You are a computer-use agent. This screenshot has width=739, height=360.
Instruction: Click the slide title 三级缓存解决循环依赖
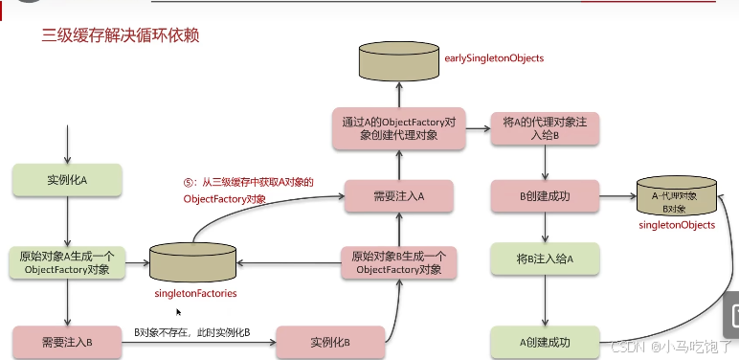120,36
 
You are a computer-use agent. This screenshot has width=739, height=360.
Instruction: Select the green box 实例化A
66,179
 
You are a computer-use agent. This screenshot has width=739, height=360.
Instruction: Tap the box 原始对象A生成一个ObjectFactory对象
66,262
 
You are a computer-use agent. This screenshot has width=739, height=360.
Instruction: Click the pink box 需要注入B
66,341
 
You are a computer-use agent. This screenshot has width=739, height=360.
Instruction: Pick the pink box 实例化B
330,341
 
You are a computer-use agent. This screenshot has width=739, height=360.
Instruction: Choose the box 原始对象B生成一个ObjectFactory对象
398,262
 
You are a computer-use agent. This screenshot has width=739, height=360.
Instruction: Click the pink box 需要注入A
398,195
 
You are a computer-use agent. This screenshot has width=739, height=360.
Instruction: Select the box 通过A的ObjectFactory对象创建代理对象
398,129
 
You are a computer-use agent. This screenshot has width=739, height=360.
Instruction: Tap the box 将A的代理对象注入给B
544,129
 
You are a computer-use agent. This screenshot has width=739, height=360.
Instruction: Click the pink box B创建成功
544,195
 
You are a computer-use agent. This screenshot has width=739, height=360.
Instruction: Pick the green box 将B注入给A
544,259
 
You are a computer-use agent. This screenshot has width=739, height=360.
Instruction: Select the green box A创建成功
544,341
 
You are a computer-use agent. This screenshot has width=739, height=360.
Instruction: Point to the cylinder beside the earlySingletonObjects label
398,60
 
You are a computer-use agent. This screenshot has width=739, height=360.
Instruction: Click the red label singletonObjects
677,225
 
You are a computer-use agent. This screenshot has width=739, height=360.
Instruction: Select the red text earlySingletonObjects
494,58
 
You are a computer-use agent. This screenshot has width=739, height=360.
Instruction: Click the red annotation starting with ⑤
249,190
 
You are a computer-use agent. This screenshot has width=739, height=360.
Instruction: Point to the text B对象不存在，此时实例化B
191,332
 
